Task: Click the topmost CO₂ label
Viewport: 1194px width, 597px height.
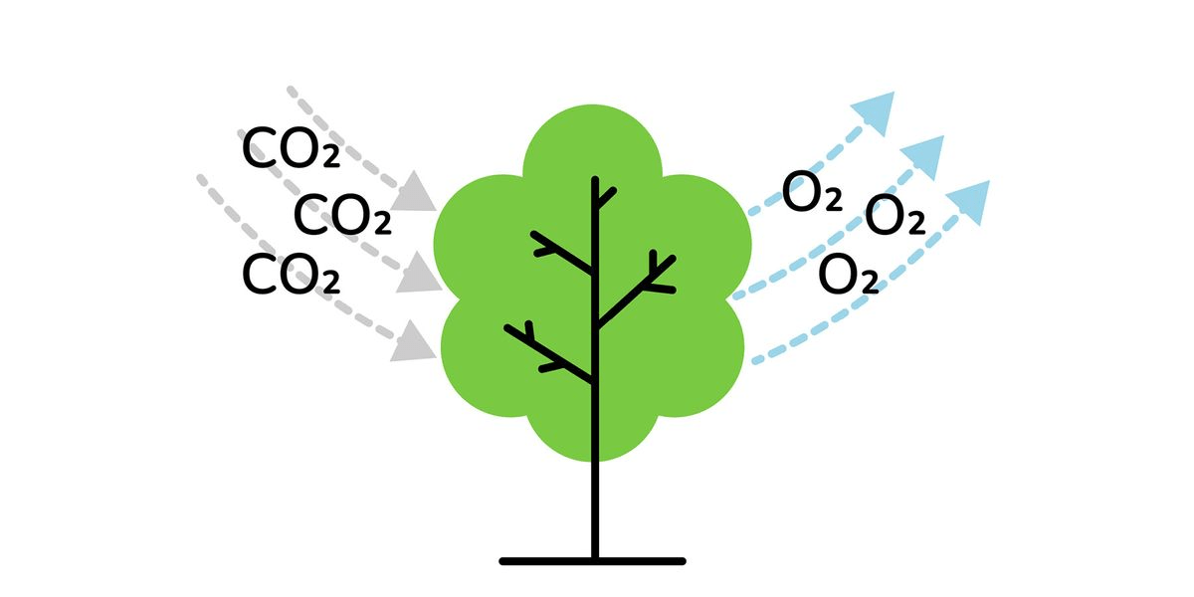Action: click(291, 148)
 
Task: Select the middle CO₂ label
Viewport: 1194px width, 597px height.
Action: click(342, 215)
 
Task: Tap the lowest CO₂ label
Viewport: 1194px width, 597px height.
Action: click(291, 274)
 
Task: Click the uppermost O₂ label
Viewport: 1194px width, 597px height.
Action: click(812, 191)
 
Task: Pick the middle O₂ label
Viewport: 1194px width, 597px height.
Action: click(895, 215)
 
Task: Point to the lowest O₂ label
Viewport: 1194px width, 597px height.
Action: click(848, 274)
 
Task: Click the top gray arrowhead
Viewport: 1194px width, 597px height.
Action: click(413, 192)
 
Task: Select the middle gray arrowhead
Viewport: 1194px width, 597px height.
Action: click(419, 273)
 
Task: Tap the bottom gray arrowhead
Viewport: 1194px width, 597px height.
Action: click(413, 341)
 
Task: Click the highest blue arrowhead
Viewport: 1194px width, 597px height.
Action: click(877, 110)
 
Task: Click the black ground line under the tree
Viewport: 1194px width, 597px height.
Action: click(592, 561)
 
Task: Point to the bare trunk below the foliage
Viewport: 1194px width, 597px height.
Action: click(595, 509)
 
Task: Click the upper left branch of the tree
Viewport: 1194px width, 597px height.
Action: click(561, 252)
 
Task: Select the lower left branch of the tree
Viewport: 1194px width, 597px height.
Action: click(549, 353)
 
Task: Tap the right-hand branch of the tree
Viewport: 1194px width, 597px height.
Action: click(637, 291)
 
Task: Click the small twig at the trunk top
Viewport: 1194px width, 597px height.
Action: click(607, 198)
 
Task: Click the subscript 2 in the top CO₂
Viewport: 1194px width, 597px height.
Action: click(331, 157)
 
